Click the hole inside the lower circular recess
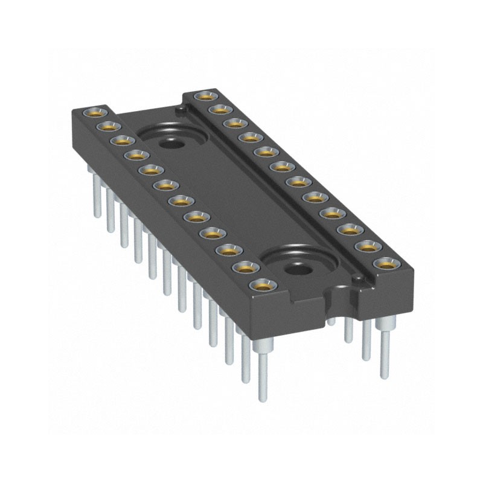tap(295, 267)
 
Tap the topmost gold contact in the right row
tap(206, 95)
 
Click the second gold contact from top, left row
tap(107, 126)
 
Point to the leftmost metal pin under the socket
tap(97, 193)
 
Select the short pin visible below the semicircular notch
tap(331, 320)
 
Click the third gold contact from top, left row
tap(121, 141)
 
